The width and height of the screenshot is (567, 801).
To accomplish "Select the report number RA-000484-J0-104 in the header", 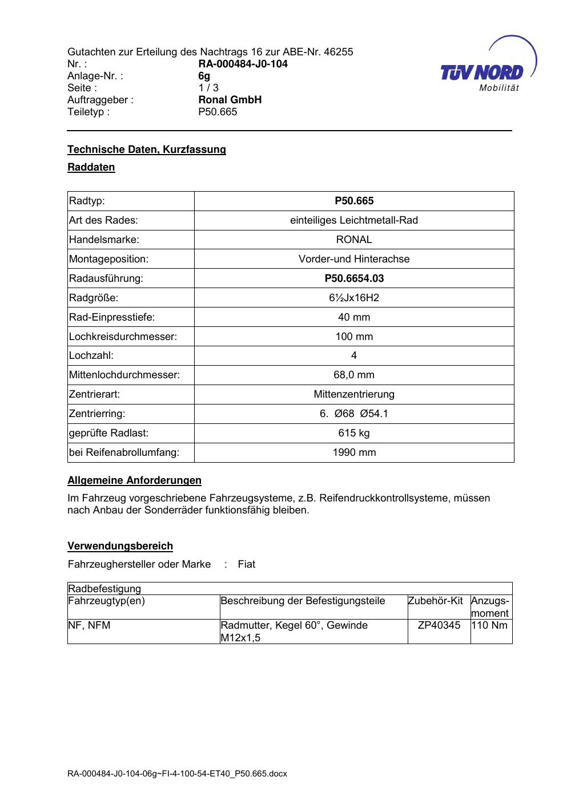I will [243, 64].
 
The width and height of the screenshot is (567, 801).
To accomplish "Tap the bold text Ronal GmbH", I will [230, 100].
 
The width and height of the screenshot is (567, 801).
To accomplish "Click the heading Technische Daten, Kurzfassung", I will [147, 149].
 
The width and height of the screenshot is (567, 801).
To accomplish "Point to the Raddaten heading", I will [91, 167].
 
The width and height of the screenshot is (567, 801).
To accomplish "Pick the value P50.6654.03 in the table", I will [354, 278].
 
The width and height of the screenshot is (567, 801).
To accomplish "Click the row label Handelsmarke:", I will [104, 240].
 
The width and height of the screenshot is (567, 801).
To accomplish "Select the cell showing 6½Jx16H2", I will [354, 298].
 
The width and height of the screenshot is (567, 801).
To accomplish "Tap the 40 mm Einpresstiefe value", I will [354, 317].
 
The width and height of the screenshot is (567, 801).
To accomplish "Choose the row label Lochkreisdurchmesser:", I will [123, 337].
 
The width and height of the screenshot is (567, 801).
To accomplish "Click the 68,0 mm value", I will [354, 375].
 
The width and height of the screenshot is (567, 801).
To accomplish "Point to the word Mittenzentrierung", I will [354, 394].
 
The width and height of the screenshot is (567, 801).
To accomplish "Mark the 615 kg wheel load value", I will [354, 433].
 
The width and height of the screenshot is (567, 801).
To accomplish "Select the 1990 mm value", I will [354, 452].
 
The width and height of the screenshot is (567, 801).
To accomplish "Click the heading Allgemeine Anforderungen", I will [134, 480].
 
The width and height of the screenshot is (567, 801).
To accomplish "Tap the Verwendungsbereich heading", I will [120, 546].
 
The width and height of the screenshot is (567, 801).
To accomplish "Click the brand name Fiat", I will [247, 564].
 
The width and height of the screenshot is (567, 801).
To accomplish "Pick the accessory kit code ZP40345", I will [439, 625].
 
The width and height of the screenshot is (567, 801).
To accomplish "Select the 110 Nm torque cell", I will [490, 625].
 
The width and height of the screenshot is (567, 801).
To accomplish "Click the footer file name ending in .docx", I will [177, 774].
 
